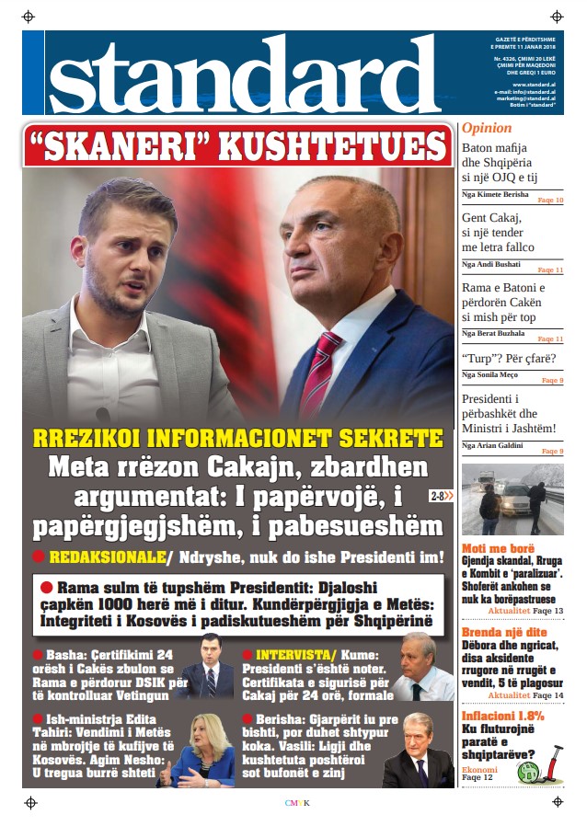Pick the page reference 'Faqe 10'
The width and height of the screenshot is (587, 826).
(x=549, y=200)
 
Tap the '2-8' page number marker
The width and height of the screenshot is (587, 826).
(x=437, y=497)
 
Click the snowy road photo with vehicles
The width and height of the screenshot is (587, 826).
(x=512, y=500)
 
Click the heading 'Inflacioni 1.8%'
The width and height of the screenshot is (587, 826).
(x=503, y=715)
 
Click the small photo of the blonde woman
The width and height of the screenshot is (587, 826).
(x=200, y=748)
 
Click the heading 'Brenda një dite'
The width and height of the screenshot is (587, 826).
(x=504, y=633)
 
